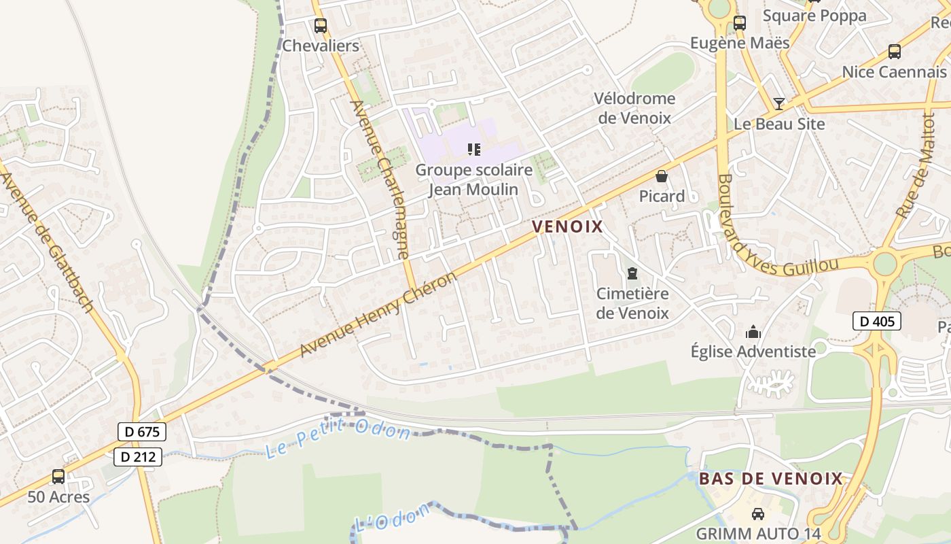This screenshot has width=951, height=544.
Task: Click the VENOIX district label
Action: (x=567, y=226)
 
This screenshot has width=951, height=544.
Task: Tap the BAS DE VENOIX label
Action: (x=771, y=479)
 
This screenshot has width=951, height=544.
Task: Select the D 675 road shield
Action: (x=141, y=431)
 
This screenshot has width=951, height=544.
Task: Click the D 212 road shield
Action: (x=137, y=457)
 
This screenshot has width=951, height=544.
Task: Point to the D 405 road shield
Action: (x=876, y=321)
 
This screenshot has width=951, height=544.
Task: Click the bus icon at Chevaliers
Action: (x=320, y=26)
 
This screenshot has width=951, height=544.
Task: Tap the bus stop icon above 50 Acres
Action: (x=58, y=477)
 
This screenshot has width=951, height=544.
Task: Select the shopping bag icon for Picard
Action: (x=662, y=176)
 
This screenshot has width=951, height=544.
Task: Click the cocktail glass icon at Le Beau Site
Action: (x=779, y=104)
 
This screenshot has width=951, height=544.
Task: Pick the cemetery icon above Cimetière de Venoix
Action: (x=632, y=273)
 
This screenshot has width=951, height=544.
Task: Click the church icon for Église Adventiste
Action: (x=753, y=333)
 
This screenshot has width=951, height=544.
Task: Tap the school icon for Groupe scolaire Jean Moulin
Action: (x=474, y=149)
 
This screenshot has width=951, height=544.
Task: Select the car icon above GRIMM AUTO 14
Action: (x=758, y=514)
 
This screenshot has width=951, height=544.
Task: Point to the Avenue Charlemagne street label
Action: (x=380, y=180)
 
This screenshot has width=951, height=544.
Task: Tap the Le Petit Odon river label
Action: (x=338, y=440)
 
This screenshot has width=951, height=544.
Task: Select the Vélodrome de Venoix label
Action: (x=634, y=108)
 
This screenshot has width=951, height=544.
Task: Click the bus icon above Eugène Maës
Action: (x=740, y=22)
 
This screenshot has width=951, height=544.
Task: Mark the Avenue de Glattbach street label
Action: (x=47, y=241)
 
